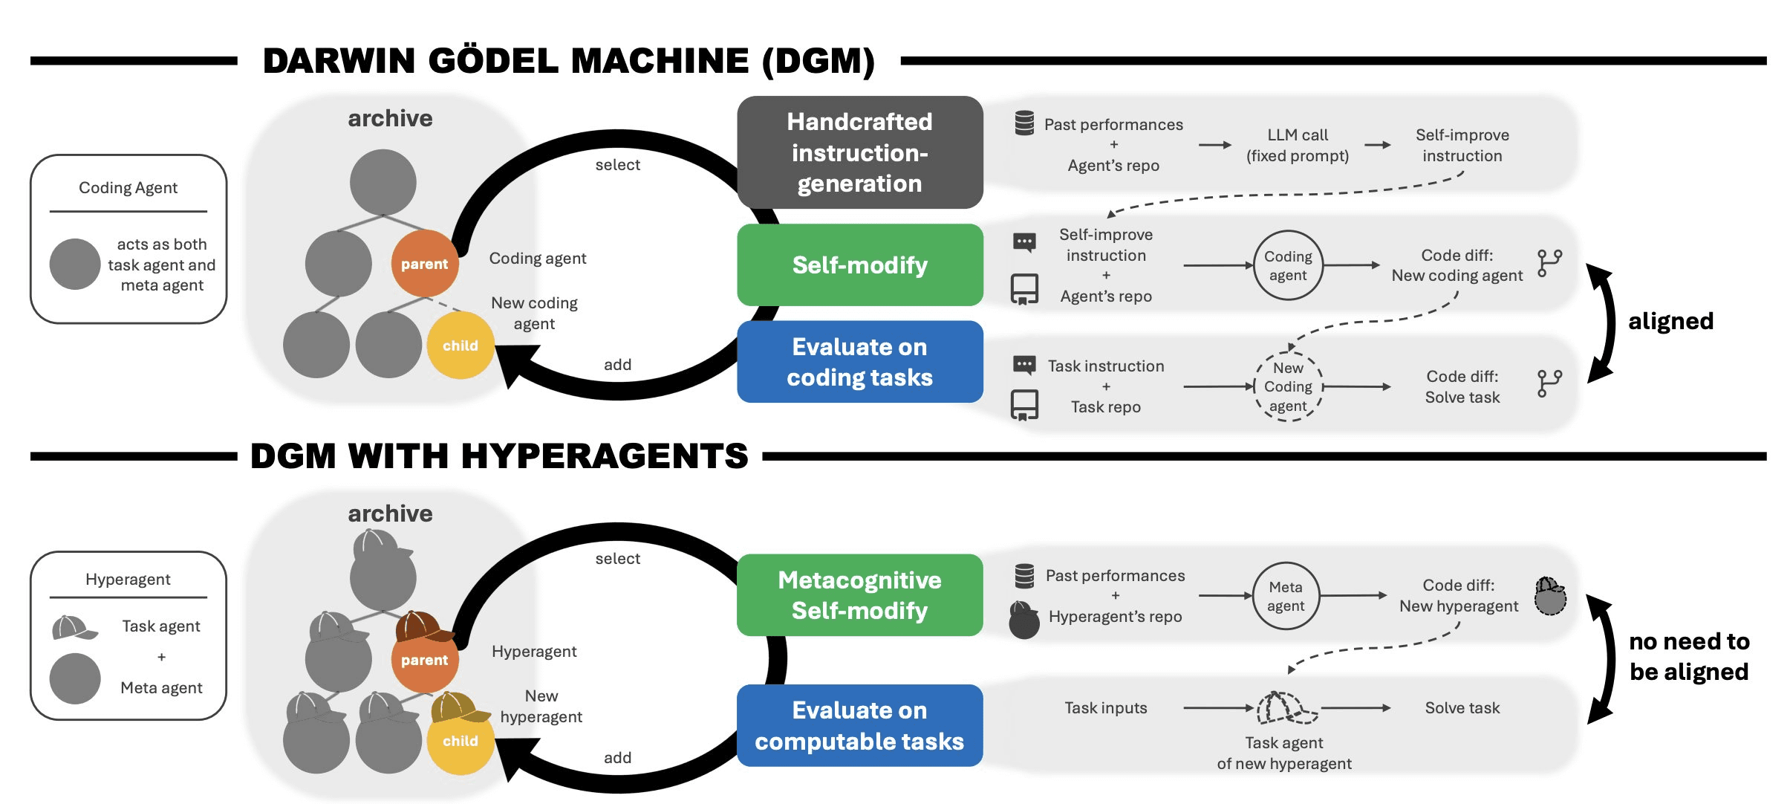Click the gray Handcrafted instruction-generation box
click(x=859, y=152)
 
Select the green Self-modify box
click(x=859, y=265)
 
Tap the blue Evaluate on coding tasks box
click(x=859, y=362)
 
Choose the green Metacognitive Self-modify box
click(x=859, y=595)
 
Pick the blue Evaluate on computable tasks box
click(x=859, y=725)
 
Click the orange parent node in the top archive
click(x=424, y=264)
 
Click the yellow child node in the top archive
click(x=460, y=346)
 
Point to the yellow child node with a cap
click(x=460, y=739)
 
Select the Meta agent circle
click(x=1286, y=596)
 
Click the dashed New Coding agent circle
click(x=1288, y=387)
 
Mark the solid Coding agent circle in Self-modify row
click(x=1288, y=265)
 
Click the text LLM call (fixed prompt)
click(x=1298, y=146)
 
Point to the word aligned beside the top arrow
click(x=1670, y=321)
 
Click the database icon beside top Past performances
click(x=1024, y=123)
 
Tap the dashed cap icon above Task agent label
click(x=1285, y=707)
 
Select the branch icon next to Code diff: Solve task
click(x=1549, y=383)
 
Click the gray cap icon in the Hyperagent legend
click(x=74, y=628)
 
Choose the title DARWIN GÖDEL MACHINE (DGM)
click(x=569, y=61)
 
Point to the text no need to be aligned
click(x=1689, y=656)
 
